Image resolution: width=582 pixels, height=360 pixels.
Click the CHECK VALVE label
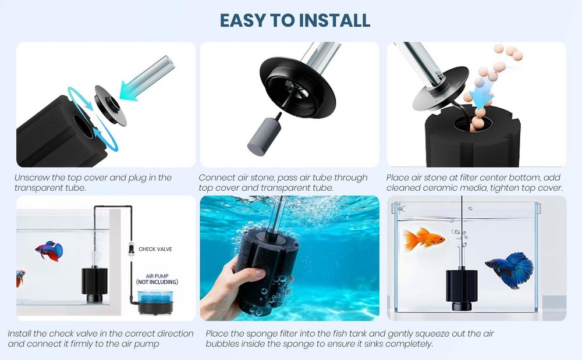click(155, 249)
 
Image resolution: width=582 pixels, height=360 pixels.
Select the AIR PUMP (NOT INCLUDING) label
click(157, 279)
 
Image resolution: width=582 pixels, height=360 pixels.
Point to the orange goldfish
click(423, 239)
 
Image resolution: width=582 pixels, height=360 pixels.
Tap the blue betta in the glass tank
click(510, 269)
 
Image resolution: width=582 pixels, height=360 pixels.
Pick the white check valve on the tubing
click(131, 248)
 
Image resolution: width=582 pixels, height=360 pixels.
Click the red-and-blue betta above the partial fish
click(49, 251)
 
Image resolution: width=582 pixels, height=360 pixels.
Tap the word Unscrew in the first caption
click(32, 177)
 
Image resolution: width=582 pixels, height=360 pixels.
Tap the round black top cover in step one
click(110, 105)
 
